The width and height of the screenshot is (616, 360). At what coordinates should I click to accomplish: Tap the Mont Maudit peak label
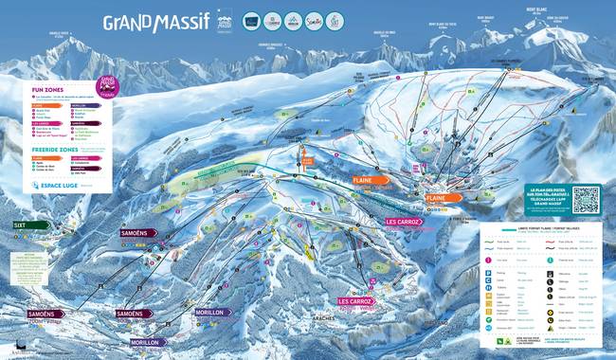tap(486, 17)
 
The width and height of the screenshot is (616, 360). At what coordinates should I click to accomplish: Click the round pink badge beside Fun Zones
tap(107, 87)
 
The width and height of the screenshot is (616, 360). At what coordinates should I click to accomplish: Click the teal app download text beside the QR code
tap(546, 199)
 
